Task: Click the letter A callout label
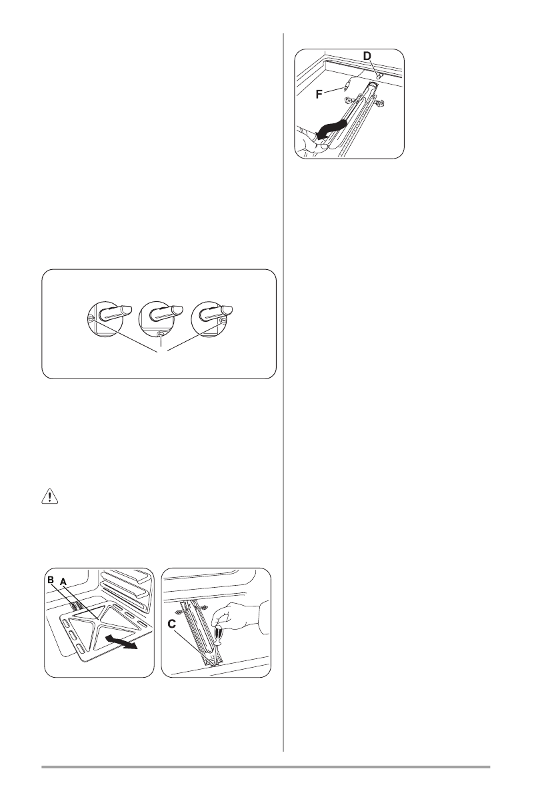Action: (63, 582)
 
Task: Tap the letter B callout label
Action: (51, 580)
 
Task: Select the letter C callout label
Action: (172, 624)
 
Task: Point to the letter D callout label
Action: (367, 55)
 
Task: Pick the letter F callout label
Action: (320, 94)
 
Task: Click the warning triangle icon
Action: (49, 497)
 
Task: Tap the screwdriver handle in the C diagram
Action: (218, 634)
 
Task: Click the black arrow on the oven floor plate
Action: (121, 643)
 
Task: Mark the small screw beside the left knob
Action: (91, 319)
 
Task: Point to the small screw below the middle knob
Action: (161, 335)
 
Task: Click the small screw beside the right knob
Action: (223, 320)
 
